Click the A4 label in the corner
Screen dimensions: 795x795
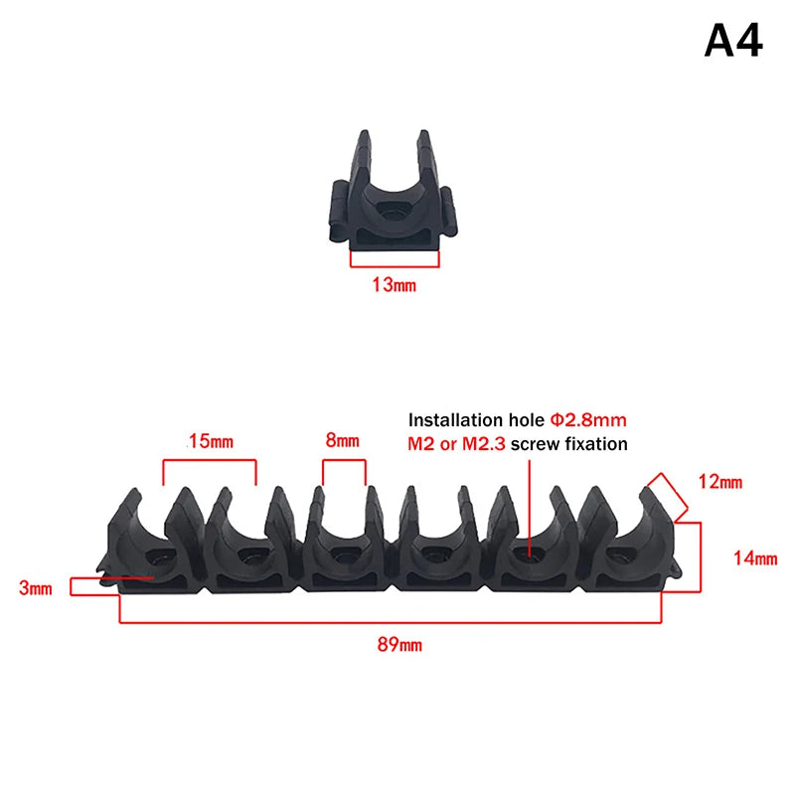pyautogui.click(x=733, y=41)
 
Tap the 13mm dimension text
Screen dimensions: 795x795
pyautogui.click(x=394, y=285)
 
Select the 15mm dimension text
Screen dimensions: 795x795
pyautogui.click(x=211, y=441)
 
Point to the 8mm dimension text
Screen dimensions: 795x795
pyautogui.click(x=342, y=440)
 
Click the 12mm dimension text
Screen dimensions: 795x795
pyautogui.click(x=720, y=482)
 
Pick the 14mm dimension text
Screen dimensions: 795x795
pyautogui.click(x=755, y=558)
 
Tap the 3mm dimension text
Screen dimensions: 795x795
pyautogui.click(x=36, y=588)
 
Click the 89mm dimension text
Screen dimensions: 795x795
pyautogui.click(x=399, y=645)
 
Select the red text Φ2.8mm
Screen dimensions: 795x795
pyautogui.click(x=588, y=419)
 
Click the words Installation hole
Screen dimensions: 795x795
pyautogui.click(x=477, y=419)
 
